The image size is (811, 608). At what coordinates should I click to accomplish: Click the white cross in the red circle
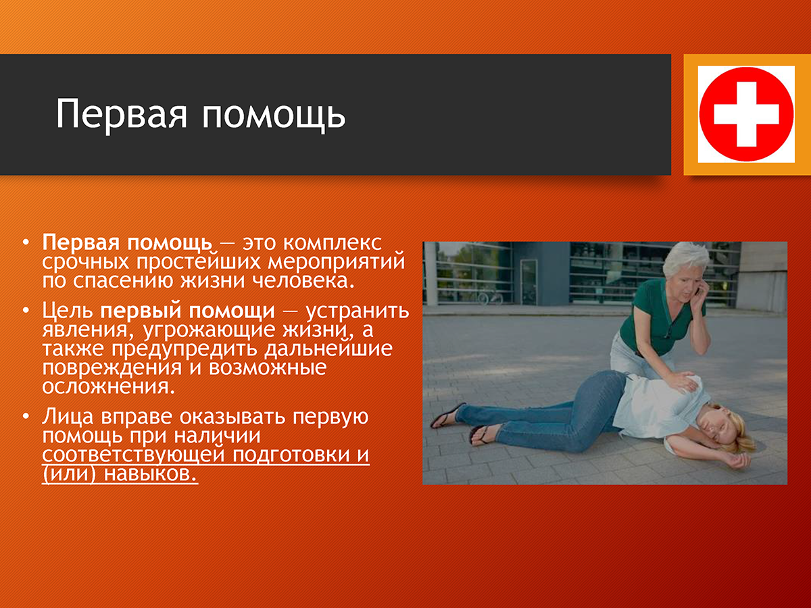pyautogui.click(x=746, y=114)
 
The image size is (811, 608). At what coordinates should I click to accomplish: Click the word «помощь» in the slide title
pyautogui.click(x=274, y=113)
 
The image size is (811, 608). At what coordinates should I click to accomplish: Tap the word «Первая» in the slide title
pyautogui.click(x=122, y=113)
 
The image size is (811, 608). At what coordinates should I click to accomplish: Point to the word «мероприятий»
pyautogui.click(x=336, y=261)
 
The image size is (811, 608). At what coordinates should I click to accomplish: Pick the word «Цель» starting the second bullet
pyautogui.click(x=68, y=311)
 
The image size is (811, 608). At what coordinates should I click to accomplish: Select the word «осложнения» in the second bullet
pyautogui.click(x=108, y=387)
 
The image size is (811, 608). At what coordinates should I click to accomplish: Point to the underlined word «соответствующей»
pyautogui.click(x=133, y=455)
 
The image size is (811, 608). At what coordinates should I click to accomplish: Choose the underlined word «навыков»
pyautogui.click(x=151, y=474)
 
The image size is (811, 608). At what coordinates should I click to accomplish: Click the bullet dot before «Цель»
pyautogui.click(x=26, y=311)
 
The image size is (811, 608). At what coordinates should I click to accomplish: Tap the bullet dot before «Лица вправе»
pyautogui.click(x=26, y=416)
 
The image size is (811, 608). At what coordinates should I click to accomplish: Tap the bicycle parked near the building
pyautogui.click(x=491, y=296)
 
